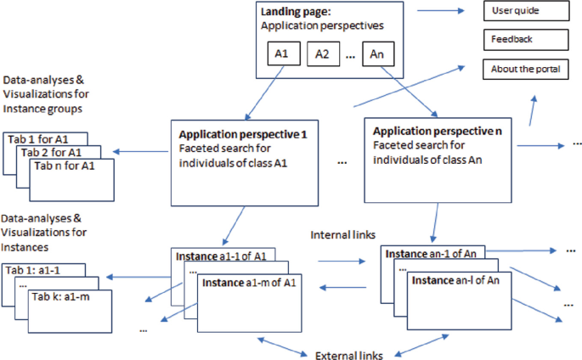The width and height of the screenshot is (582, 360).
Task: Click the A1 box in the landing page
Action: (283, 54)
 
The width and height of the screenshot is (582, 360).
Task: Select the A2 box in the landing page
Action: (323, 54)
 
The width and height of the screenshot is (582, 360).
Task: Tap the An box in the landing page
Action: (378, 54)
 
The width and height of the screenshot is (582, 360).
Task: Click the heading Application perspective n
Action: (438, 132)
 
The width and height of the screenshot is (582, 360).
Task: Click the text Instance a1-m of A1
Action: (247, 283)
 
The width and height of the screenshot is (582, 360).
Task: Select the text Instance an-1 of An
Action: (433, 254)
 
